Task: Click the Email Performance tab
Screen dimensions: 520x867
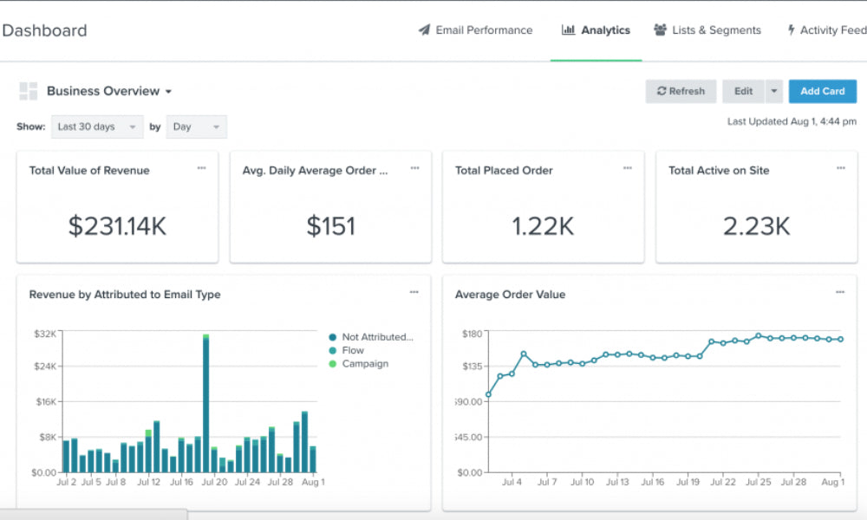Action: [475, 30]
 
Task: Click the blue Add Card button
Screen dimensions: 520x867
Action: [822, 91]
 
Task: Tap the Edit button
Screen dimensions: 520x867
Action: [743, 91]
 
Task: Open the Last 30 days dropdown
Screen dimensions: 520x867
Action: [97, 127]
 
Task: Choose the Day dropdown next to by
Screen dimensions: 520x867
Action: [196, 127]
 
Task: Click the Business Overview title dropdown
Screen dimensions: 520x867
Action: [108, 91]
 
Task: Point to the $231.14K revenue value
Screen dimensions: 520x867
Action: [117, 226]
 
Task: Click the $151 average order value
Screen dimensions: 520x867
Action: [330, 226]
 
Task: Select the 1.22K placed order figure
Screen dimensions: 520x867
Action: [543, 226]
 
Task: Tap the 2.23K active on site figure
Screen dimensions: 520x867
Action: [756, 226]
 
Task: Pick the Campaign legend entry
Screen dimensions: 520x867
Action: [364, 364]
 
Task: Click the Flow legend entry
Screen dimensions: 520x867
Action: [352, 350]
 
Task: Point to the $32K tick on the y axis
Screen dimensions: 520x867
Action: [44, 334]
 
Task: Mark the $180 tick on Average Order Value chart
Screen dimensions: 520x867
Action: [471, 334]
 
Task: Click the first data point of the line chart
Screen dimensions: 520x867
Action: [488, 394]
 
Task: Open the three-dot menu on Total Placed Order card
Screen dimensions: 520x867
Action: [627, 168]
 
